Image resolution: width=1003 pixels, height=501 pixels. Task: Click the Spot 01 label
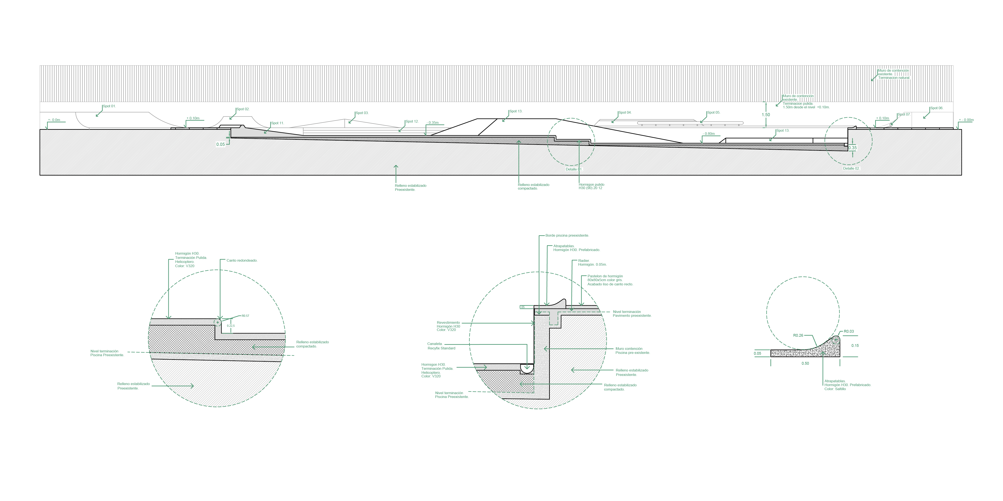109,106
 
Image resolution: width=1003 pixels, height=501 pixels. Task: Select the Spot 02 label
243,109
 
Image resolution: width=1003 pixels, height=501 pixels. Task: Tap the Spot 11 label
278,123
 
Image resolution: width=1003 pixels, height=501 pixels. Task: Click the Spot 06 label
937,108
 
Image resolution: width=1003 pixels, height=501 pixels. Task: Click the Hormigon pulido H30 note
591,186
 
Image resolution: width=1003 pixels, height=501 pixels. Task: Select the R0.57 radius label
245,316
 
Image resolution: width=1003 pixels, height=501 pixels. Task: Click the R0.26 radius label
798,335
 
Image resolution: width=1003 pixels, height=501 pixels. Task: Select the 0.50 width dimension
805,364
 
